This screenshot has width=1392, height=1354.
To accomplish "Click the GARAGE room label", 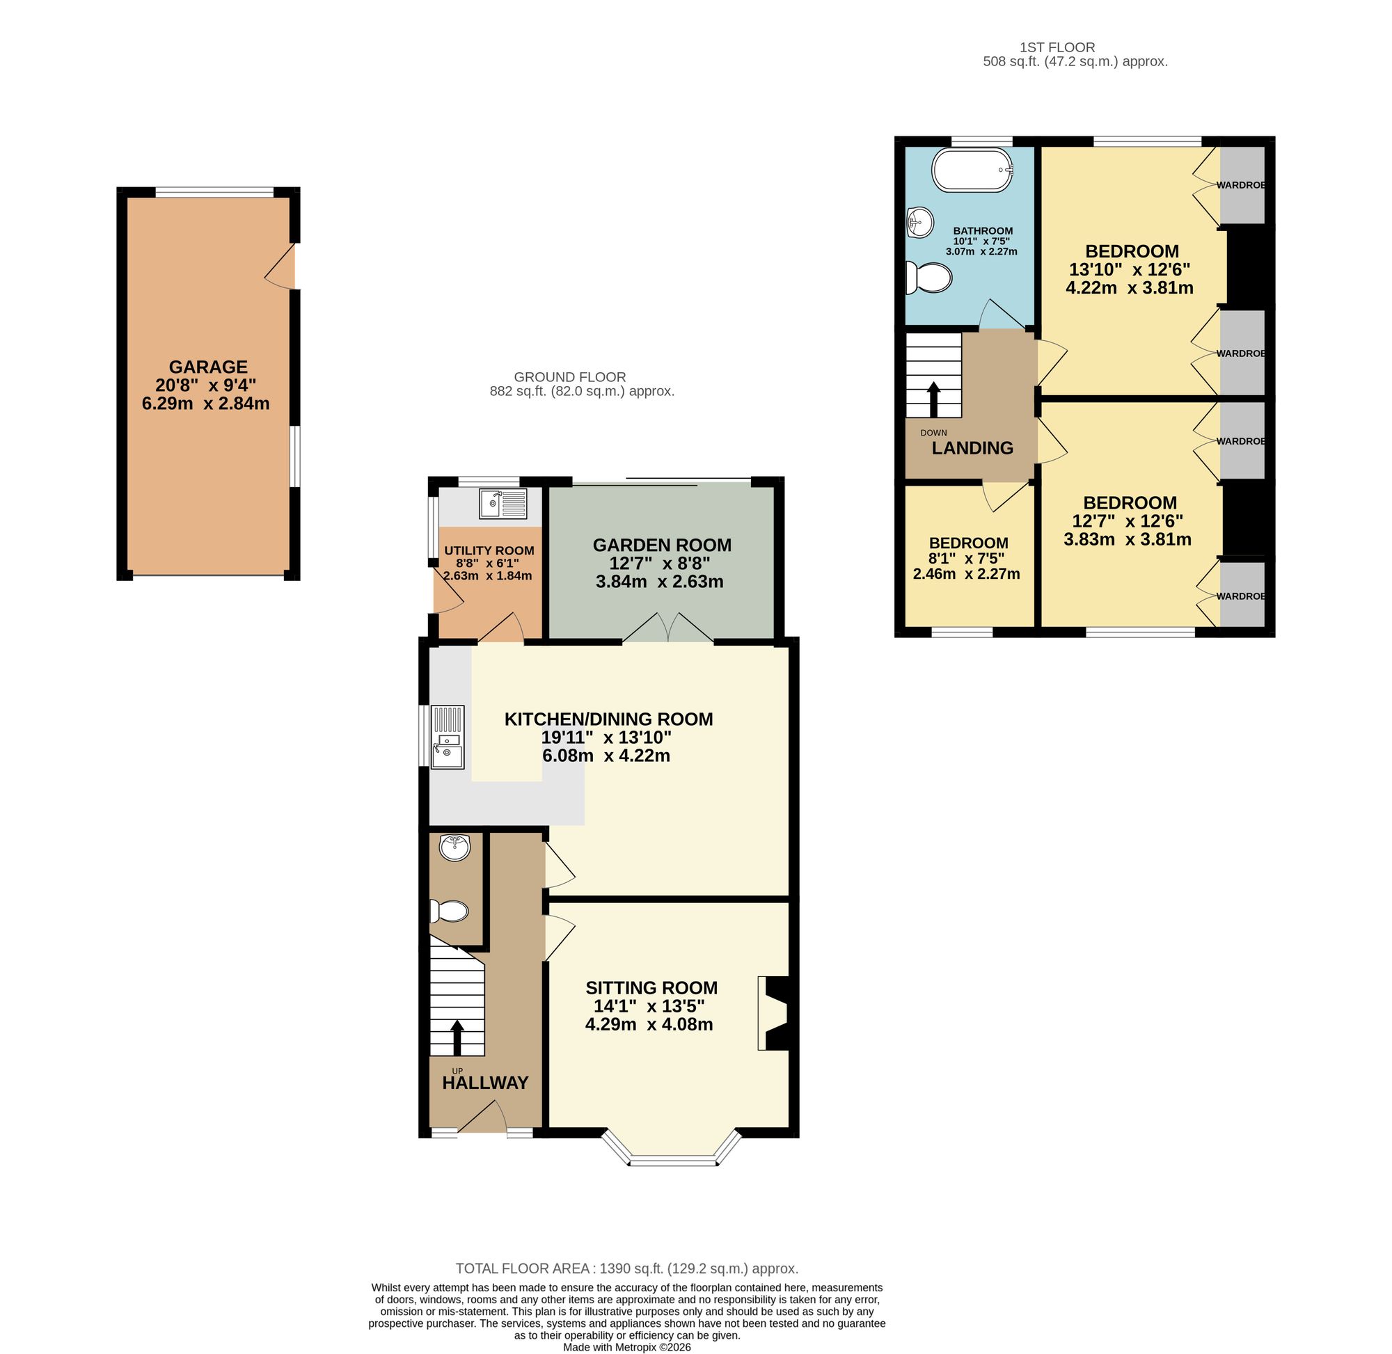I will point(207,367).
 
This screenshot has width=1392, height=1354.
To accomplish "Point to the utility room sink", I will point(503,504).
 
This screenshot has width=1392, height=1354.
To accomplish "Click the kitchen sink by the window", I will point(448,736).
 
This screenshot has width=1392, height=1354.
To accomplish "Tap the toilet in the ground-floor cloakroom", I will point(449,911).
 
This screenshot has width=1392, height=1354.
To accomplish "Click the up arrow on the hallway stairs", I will point(457,1038).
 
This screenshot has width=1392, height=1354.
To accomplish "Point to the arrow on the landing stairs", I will point(933,399).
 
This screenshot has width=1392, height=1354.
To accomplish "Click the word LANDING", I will point(972,448).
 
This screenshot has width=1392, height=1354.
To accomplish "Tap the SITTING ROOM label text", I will point(651,988).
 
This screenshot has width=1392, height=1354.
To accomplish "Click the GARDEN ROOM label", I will point(661,545).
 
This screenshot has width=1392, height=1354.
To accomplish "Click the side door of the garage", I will point(283,267).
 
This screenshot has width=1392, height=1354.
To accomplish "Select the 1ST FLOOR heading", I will point(1057,47).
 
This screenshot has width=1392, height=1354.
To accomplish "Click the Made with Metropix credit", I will point(626,1347).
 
